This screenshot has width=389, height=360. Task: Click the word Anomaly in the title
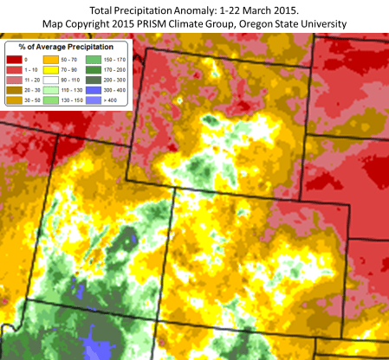(198, 8)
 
